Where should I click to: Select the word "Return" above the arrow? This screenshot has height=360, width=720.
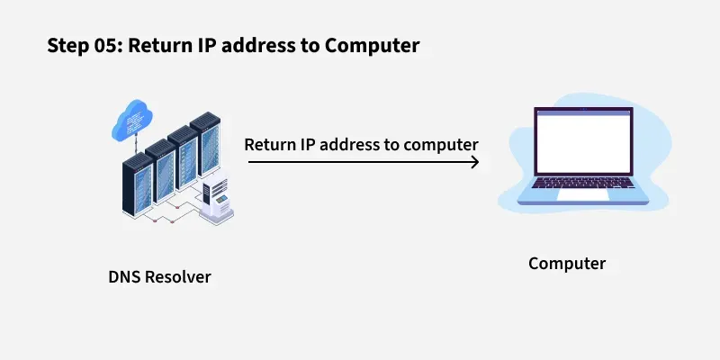pyautogui.click(x=271, y=144)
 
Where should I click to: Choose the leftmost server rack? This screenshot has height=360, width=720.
pyautogui.click(x=139, y=184)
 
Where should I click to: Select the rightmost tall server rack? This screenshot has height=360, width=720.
pyautogui.click(x=209, y=153)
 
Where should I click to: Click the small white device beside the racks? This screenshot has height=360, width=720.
pyautogui.click(x=215, y=203)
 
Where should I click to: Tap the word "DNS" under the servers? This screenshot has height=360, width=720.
pyautogui.click(x=124, y=277)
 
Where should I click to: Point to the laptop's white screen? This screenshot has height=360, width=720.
pyautogui.click(x=582, y=144)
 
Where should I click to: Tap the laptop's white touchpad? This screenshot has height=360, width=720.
pyautogui.click(x=582, y=194)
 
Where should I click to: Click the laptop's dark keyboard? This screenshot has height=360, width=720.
pyautogui.click(x=582, y=183)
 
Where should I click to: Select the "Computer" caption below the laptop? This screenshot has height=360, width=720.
pyautogui.click(x=567, y=264)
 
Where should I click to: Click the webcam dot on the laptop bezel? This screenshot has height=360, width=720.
pyautogui.click(x=582, y=112)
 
